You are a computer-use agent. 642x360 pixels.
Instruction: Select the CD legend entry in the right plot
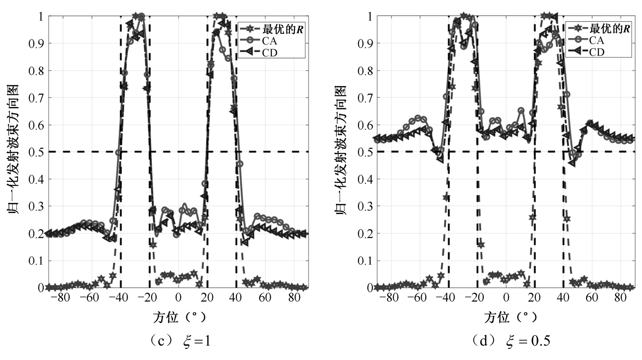pyautogui.click(x=596, y=52)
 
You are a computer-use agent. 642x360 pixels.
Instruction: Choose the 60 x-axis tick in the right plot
pyautogui.click(x=592, y=297)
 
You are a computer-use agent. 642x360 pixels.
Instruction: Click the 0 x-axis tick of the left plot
pyautogui.click(x=178, y=297)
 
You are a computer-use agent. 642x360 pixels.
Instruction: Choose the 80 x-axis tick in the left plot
pyautogui.click(x=295, y=297)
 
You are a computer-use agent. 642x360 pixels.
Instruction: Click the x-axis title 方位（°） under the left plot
pyautogui.click(x=179, y=317)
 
